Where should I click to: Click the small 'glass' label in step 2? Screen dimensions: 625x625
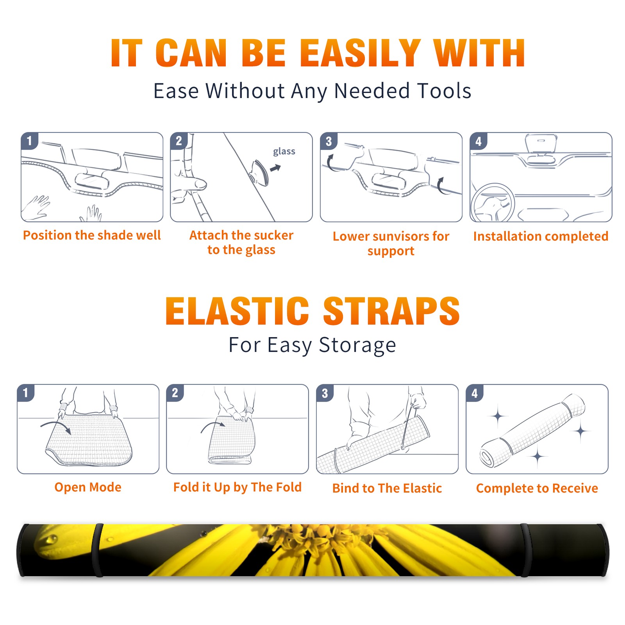coord(284,152)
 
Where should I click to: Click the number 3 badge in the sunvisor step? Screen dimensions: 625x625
coord(329,141)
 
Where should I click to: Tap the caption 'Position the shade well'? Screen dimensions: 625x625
coord(92,235)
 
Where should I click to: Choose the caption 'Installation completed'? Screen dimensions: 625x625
coord(541,236)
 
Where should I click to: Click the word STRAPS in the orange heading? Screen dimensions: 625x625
coord(391,311)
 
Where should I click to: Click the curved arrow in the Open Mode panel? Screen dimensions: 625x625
coord(56,427)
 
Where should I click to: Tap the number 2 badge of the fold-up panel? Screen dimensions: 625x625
coord(175,393)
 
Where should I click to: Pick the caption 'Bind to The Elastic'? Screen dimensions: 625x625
coord(387,488)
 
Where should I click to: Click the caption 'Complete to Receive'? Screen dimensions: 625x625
coord(537,488)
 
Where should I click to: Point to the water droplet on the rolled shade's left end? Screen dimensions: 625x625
coord(50,540)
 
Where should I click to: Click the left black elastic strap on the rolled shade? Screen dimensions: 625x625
coord(98,550)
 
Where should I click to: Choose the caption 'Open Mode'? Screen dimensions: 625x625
coord(88,487)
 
